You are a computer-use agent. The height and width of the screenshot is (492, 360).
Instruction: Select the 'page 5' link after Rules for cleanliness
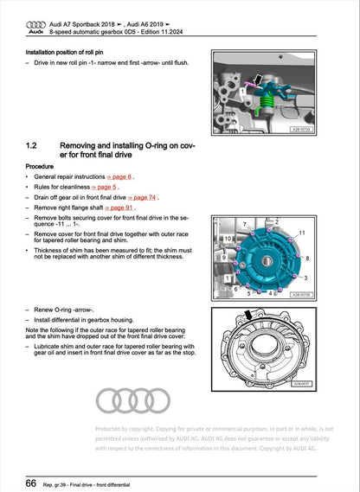[x=106, y=186]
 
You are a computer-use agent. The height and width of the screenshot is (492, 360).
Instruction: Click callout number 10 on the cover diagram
[x=215, y=237]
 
